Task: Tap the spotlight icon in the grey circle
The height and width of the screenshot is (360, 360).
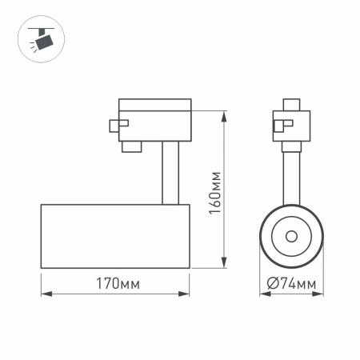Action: click(38, 38)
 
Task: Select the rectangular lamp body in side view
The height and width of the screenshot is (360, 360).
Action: click(114, 236)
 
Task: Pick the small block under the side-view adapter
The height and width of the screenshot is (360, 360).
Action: click(131, 146)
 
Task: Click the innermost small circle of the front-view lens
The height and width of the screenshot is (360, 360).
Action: click(290, 236)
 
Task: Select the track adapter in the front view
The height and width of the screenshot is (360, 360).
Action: click(290, 124)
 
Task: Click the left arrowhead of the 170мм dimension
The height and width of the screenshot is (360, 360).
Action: click(44, 294)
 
